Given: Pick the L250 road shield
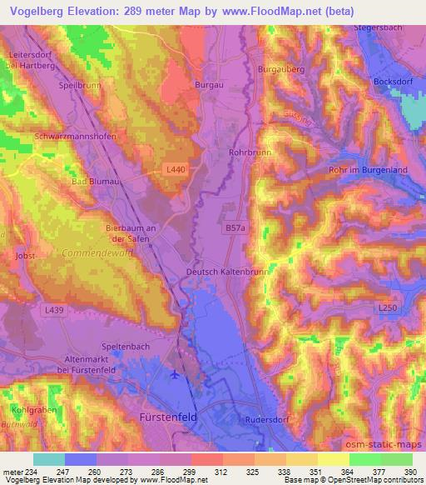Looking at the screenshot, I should pos(388,308).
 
